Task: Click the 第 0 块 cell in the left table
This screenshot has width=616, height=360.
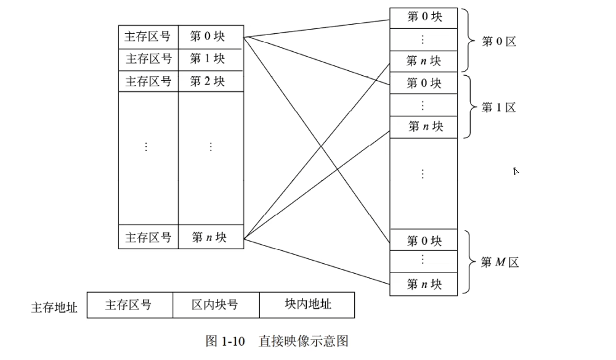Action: click(x=211, y=36)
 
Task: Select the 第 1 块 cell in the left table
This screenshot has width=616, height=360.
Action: click(x=211, y=59)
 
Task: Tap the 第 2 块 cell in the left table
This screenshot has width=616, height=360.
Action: click(x=211, y=81)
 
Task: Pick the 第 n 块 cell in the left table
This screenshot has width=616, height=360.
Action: click(x=211, y=237)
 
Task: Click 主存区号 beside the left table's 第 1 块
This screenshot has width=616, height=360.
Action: click(x=148, y=59)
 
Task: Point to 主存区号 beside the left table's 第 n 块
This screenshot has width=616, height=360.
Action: click(x=148, y=237)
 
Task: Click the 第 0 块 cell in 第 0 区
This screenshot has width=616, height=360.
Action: click(x=424, y=17)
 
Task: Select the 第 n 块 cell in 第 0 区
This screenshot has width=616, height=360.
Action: click(x=424, y=60)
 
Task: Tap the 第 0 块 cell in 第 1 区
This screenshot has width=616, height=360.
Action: click(x=424, y=83)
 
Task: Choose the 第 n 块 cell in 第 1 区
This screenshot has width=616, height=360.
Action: click(x=424, y=126)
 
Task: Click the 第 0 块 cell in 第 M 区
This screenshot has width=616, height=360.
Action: click(x=424, y=240)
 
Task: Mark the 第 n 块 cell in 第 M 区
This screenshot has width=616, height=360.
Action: click(x=424, y=284)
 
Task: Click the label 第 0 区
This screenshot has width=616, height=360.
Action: click(x=498, y=42)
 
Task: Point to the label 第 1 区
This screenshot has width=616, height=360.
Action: click(x=498, y=108)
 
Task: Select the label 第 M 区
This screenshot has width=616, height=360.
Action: click(x=500, y=262)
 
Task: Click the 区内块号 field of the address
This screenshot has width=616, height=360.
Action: click(x=215, y=305)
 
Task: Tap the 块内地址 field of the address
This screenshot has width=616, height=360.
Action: click(x=307, y=305)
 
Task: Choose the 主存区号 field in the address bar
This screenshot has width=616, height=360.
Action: click(x=129, y=305)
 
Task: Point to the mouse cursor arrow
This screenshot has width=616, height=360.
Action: click(x=516, y=171)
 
